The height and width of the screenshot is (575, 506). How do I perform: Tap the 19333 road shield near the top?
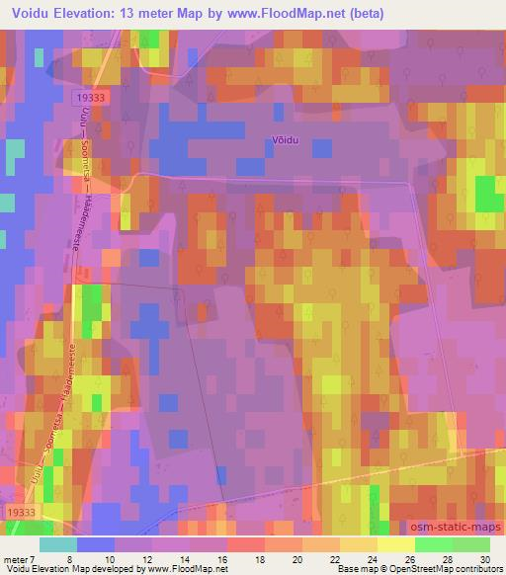coord(90,99)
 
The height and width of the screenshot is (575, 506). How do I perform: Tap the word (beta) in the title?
coord(362,14)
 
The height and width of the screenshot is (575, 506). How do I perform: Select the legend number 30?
coord(485,559)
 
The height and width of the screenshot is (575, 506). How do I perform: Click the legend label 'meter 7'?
coord(18,559)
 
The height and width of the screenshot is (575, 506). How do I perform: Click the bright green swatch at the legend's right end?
coord(470,544)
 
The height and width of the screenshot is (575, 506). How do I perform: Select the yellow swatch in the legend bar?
coord(395,544)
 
